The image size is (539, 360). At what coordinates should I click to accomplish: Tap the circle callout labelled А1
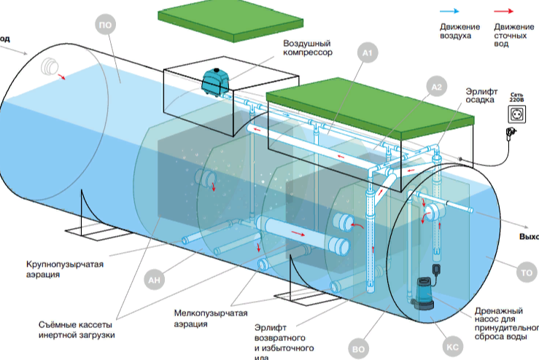point(367,53)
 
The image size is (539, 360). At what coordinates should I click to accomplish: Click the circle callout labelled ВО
point(358,348)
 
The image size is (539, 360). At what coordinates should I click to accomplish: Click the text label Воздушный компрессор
point(308,48)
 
